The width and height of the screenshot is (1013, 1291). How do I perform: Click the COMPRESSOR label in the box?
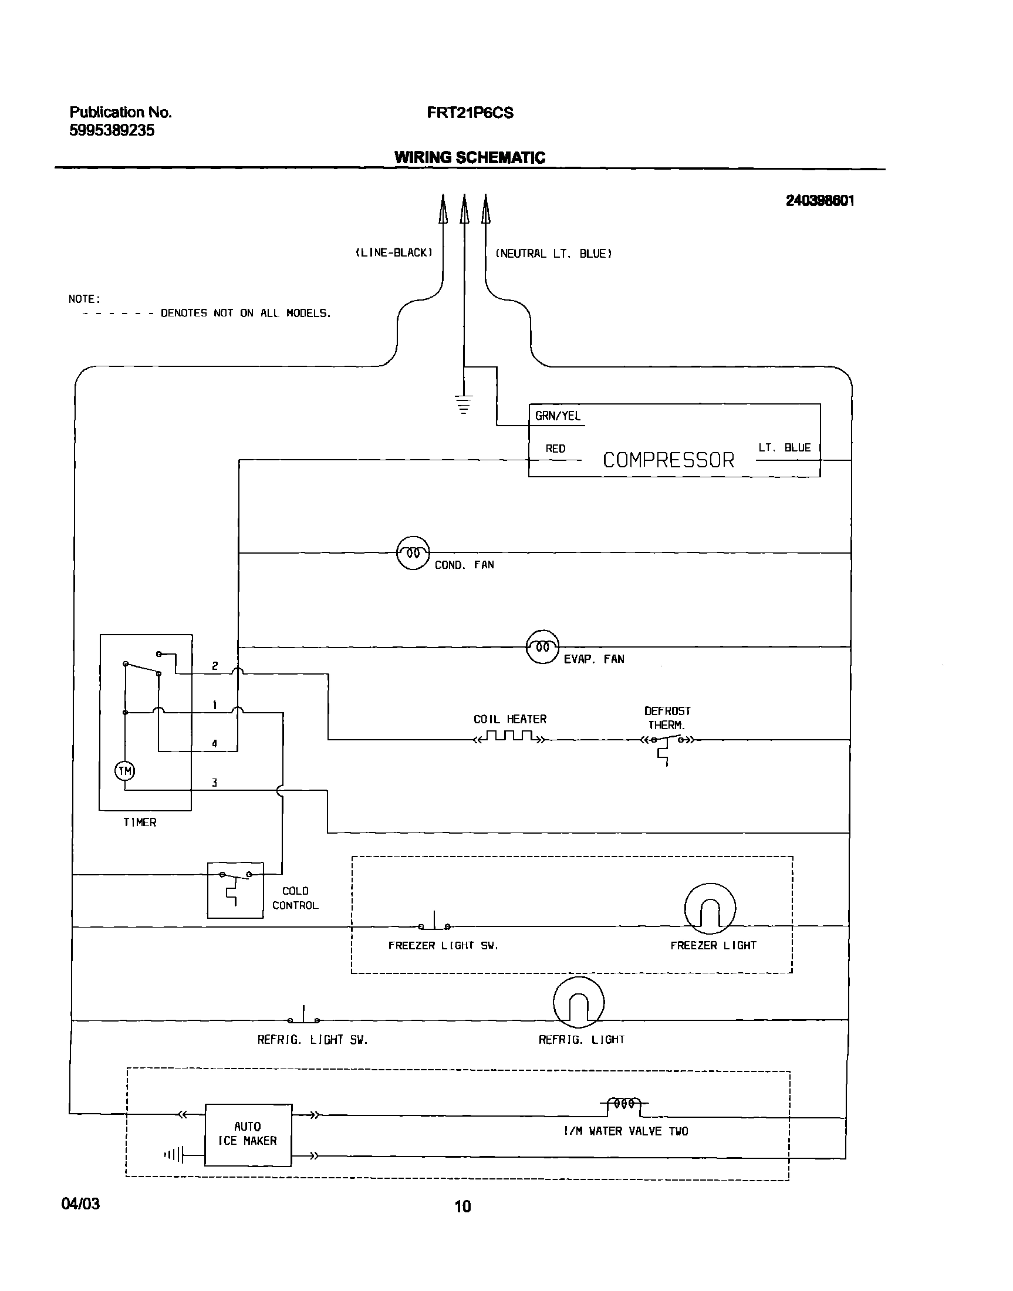point(668,460)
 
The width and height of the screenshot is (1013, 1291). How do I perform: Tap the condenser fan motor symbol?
point(413,553)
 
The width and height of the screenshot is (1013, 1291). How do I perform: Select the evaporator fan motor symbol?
point(542,647)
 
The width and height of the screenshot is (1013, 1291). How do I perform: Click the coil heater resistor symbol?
point(509,737)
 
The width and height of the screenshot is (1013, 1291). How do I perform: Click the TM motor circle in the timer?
point(124,771)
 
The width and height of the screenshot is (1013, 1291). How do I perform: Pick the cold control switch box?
point(235,890)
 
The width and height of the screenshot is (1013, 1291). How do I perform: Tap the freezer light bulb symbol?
point(710,908)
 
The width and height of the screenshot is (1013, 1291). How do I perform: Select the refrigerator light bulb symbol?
point(578,1002)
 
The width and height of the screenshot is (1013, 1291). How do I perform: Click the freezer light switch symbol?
point(434,923)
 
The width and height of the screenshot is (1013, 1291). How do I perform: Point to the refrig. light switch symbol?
point(303,1017)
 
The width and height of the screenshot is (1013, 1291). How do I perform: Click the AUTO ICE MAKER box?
point(248,1134)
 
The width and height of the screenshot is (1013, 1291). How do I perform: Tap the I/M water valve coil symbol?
point(624,1104)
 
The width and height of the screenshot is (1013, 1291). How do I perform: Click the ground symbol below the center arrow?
point(464,404)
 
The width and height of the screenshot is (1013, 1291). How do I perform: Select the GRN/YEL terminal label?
point(558,416)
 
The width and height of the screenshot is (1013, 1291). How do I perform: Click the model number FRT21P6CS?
point(470,113)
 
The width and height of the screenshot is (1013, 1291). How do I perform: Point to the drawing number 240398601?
point(820,201)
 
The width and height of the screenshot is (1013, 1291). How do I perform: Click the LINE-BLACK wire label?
point(394,253)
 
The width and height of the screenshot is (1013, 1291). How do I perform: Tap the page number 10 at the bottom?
point(462,1206)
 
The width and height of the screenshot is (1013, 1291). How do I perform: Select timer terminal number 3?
point(214,783)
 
